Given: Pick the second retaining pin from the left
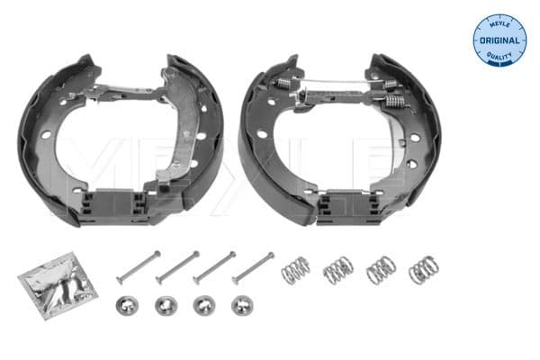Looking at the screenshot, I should click(x=177, y=267).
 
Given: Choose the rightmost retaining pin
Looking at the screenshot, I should click(x=254, y=267).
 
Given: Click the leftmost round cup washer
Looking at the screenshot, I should click(x=127, y=305).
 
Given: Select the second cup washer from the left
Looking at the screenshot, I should click(x=166, y=305).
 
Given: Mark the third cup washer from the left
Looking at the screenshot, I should click(x=204, y=305).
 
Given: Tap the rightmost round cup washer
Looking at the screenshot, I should click(x=242, y=305).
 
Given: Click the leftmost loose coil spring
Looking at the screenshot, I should click(x=295, y=269).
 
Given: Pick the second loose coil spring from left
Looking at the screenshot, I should click(x=338, y=269).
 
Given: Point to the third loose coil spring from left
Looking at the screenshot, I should click(x=381, y=269).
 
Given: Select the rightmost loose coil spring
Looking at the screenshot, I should click(x=422, y=268).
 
